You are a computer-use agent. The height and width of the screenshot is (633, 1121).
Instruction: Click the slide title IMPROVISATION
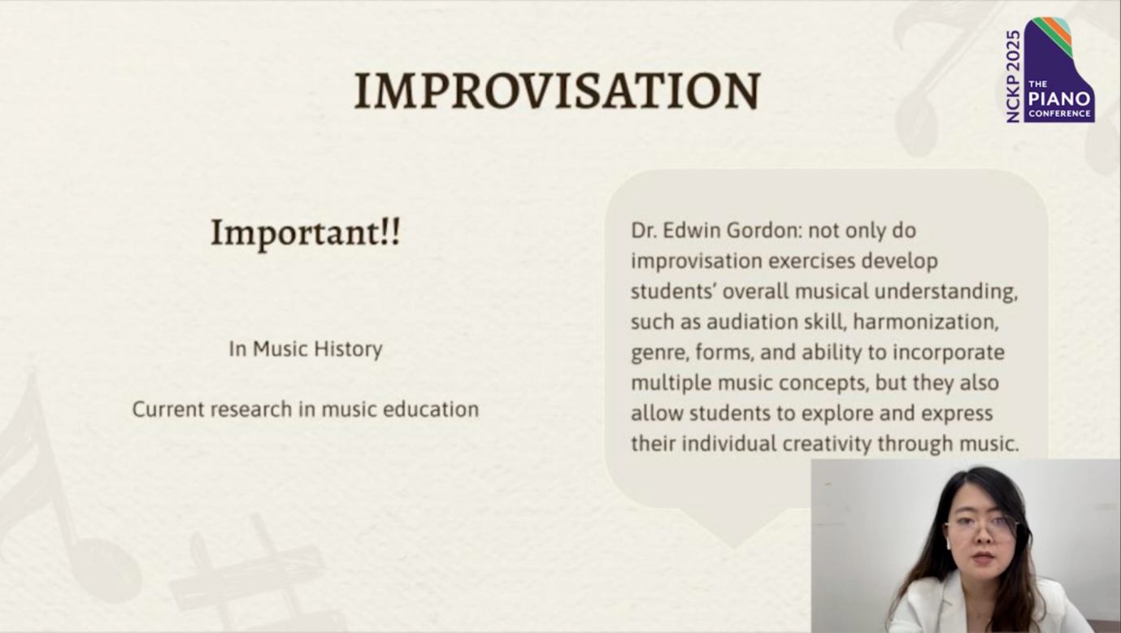(558, 90)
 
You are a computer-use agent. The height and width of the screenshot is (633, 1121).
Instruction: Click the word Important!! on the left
(306, 233)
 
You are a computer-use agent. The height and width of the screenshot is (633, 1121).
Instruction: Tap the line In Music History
(306, 349)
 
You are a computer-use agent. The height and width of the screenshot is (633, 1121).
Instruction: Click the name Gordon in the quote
(764, 231)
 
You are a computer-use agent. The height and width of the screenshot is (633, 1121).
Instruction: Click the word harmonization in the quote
(926, 322)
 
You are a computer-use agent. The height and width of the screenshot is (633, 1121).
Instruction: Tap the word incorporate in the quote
(949, 353)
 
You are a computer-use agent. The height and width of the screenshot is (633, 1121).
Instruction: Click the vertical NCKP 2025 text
(1013, 76)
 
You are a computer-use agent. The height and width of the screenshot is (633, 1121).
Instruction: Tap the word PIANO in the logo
(1059, 98)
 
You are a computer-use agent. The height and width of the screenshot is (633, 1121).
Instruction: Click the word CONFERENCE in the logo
(1059, 114)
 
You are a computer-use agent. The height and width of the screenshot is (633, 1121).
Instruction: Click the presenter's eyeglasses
(982, 526)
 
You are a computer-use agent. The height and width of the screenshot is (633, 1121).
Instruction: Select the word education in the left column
(431, 410)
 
